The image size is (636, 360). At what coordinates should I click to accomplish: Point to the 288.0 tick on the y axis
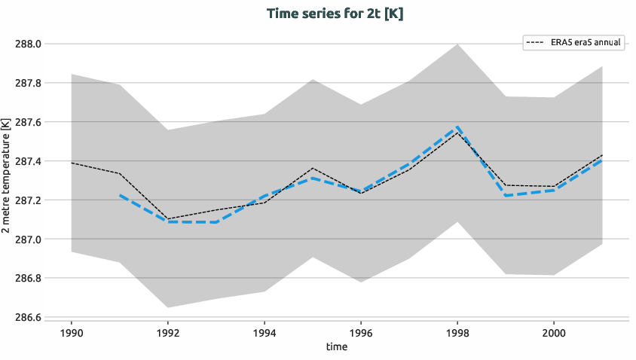tap(29, 44)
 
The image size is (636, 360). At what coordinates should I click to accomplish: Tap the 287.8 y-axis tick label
tap(29, 83)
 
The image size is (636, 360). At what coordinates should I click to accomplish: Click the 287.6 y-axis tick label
tap(29, 122)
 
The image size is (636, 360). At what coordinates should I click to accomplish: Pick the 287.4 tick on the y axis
tap(29, 161)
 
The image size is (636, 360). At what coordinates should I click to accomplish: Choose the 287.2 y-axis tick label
tap(29, 200)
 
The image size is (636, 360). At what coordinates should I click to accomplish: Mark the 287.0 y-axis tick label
tap(29, 239)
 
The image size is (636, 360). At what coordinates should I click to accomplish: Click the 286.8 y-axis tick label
tap(29, 279)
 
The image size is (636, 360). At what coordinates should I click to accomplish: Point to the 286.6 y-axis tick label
tap(29, 317)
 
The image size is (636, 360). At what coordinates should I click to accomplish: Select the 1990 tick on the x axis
tap(72, 331)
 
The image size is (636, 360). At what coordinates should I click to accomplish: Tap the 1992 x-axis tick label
tap(168, 331)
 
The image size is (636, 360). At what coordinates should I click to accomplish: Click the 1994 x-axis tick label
tap(264, 331)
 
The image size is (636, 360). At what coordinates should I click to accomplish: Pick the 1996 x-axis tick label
tap(361, 331)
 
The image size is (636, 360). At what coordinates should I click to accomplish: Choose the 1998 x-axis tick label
tap(457, 331)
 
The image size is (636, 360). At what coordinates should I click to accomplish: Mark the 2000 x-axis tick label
tap(554, 331)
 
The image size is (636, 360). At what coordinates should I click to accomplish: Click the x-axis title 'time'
tap(337, 346)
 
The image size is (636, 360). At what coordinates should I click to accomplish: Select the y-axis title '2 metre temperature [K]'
tap(8, 181)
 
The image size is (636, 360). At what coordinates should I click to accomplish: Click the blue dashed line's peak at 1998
tap(457, 127)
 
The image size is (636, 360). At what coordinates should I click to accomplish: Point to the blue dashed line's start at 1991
tap(120, 195)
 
